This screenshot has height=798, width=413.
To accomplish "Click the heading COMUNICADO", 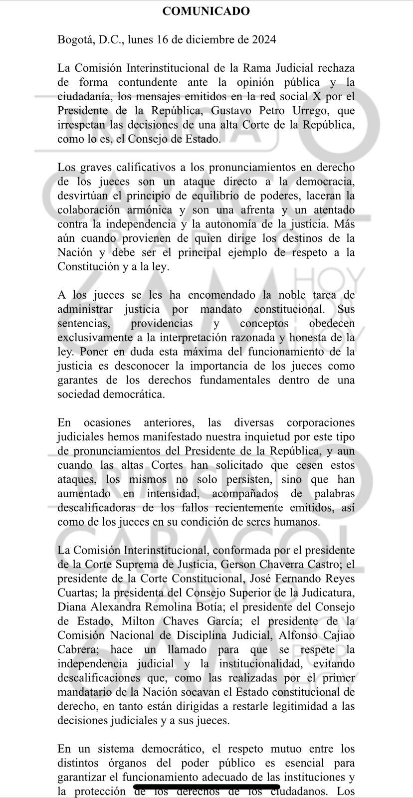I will (x=206, y=11).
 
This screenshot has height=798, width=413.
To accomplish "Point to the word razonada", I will (x=254, y=338).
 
